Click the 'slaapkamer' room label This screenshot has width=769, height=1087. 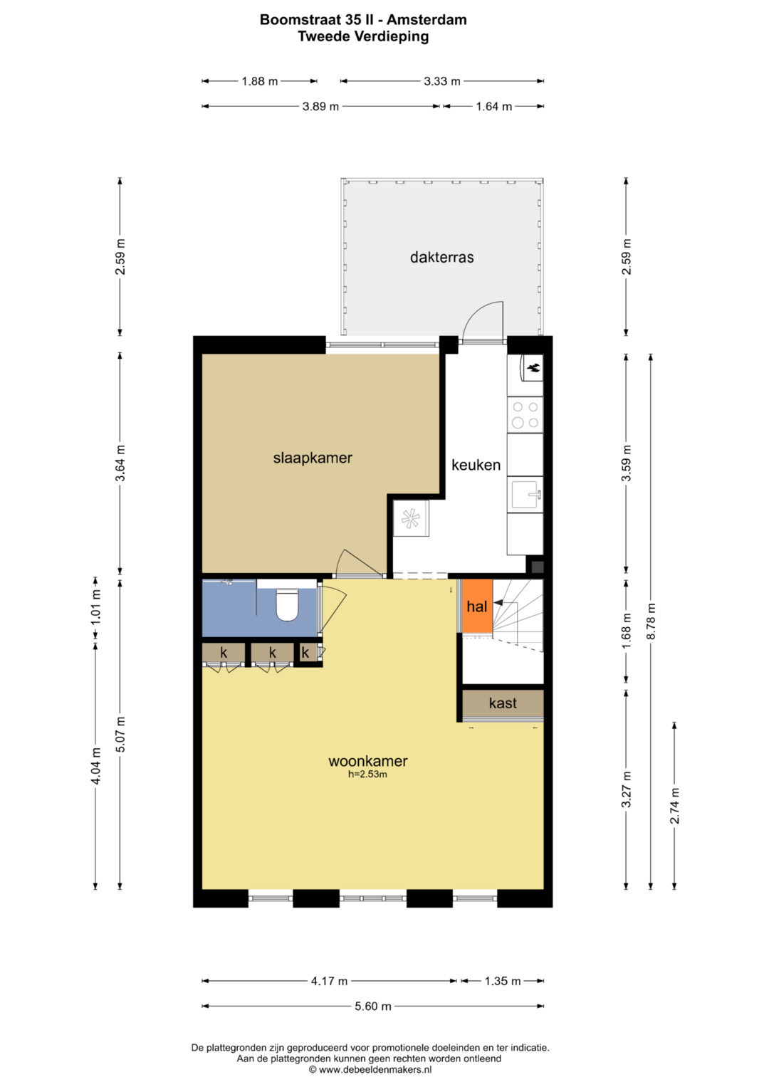313,458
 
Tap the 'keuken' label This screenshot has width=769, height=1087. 476,465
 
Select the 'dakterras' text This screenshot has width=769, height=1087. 441,257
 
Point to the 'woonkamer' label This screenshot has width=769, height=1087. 368,761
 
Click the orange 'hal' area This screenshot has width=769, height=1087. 477,606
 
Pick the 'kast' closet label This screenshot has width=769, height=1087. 503,703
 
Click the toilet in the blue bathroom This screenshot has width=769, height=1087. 287,604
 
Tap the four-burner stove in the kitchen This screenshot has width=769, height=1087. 525,415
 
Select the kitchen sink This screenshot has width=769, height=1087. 526,495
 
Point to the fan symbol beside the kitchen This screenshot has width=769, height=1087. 410,518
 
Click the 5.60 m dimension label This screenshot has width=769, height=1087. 373,1006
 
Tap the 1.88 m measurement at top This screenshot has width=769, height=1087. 260,81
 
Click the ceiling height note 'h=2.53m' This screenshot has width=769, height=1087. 367,774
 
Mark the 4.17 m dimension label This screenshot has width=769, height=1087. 329,981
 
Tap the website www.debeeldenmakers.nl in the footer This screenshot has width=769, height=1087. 375,1069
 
